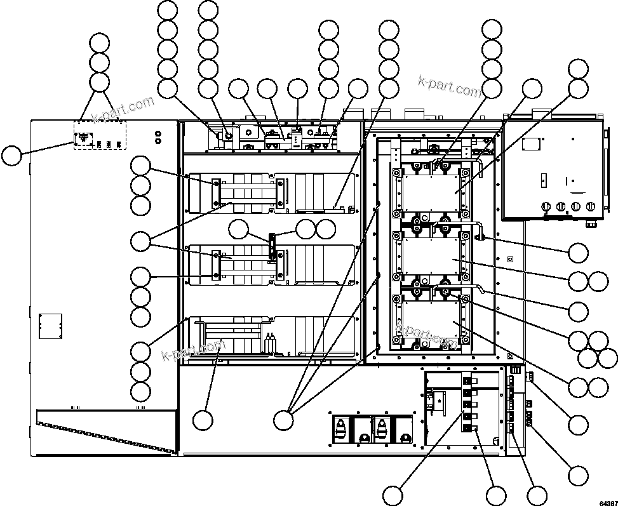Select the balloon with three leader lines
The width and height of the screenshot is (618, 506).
(284, 419)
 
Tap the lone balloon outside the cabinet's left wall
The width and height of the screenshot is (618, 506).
(11, 156)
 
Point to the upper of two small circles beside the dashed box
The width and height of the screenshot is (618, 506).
(158, 133)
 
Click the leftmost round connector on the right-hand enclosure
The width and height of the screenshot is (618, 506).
(544, 206)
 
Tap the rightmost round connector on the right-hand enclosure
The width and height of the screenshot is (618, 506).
(592, 206)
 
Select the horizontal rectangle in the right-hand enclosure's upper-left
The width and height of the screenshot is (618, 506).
(530, 144)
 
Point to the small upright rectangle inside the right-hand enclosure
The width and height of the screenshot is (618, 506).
(544, 180)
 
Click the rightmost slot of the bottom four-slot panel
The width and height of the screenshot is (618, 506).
(403, 430)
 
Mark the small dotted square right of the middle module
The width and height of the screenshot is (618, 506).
(509, 258)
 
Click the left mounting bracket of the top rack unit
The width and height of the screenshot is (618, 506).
(217, 193)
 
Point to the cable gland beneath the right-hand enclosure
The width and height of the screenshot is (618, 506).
(590, 223)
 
